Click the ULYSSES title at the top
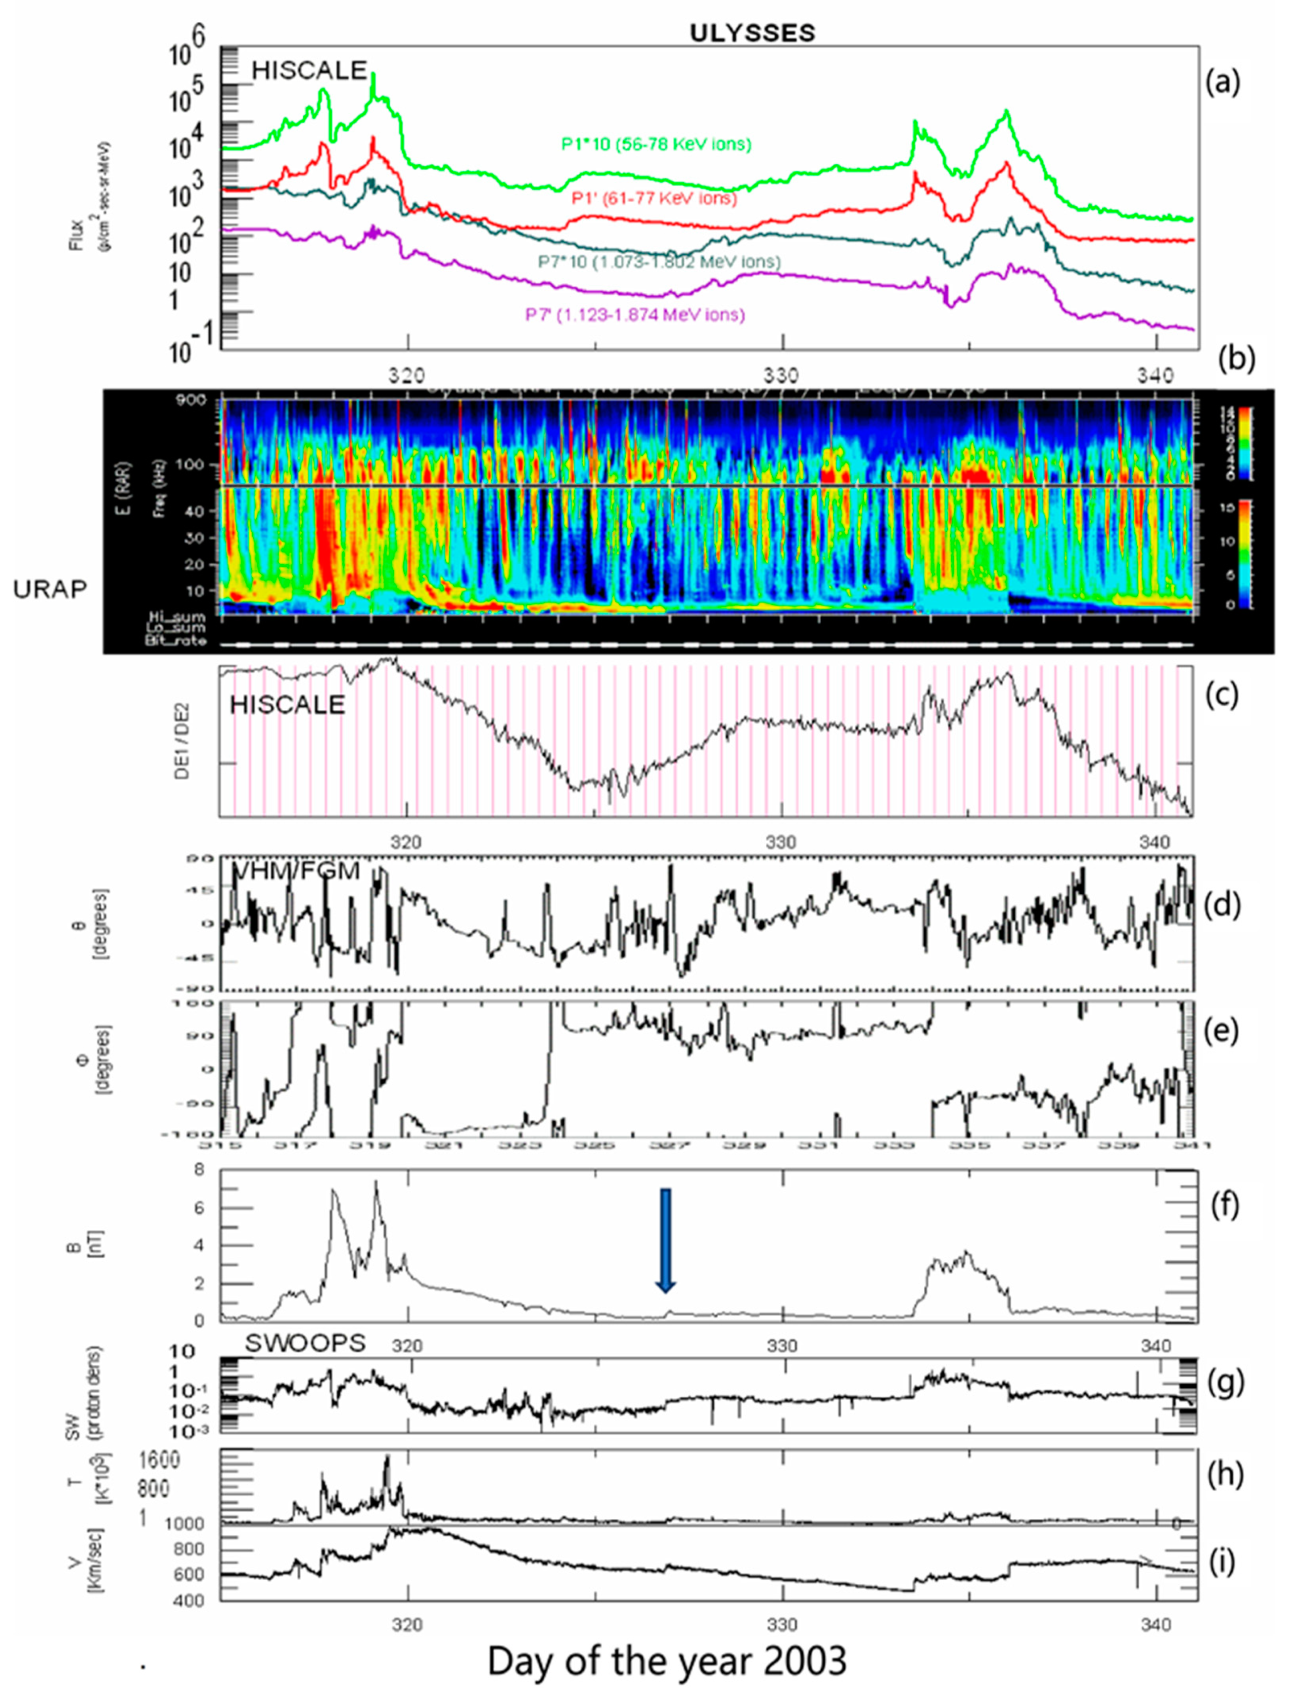pos(752,33)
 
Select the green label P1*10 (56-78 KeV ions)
pos(656,144)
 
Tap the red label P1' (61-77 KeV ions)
pos(654,199)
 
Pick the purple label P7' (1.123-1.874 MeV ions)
pos(635,315)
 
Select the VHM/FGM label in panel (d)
pos(296,871)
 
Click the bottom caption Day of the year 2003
pos(667,1660)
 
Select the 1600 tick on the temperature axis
pos(159,1460)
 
